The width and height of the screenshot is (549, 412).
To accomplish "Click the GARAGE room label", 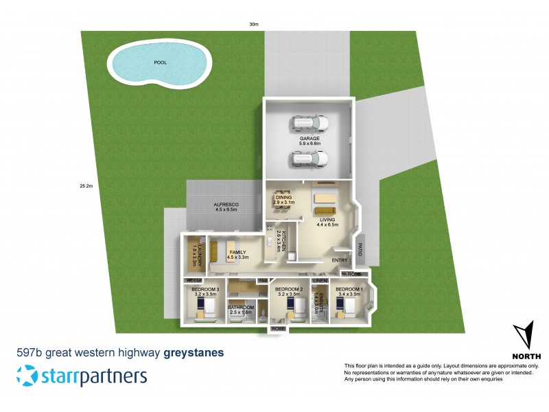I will (x=309, y=138).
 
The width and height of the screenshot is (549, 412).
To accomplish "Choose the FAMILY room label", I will (x=237, y=253).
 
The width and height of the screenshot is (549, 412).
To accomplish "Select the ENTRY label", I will (x=340, y=261).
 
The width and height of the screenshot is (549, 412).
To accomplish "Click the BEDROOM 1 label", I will (x=349, y=289).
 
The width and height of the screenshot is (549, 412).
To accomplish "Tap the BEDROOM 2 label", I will (x=289, y=289).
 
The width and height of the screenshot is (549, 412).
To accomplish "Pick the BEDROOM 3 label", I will (x=205, y=289).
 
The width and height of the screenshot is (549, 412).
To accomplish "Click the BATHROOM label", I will (x=241, y=307).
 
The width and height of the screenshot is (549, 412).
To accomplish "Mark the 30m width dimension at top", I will (x=254, y=24).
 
